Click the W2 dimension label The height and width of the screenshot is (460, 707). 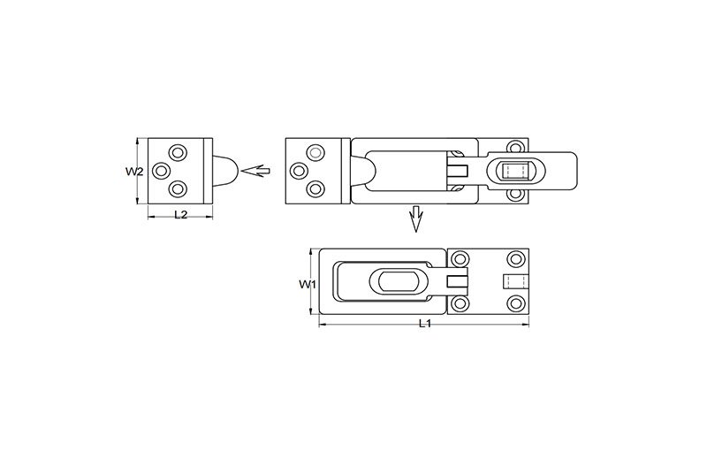[134, 172]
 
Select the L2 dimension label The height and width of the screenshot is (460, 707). [180, 215]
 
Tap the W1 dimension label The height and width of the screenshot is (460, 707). [308, 284]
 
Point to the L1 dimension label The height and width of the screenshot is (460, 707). [425, 323]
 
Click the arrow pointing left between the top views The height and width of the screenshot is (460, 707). [255, 171]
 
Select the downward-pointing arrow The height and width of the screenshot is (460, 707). [415, 218]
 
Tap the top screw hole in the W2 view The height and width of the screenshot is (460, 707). [179, 152]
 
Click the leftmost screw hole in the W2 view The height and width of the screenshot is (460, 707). [161, 171]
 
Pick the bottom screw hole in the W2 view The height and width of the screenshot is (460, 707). [179, 188]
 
